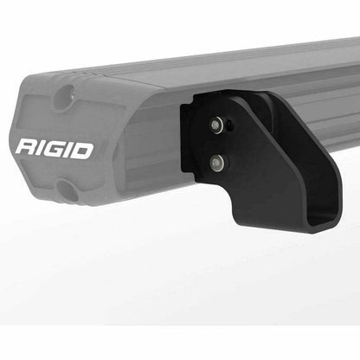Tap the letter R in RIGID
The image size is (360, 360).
click(x=25, y=148)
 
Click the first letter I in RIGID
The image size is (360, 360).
click(x=41, y=148)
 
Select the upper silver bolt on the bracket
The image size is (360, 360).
click(x=215, y=126)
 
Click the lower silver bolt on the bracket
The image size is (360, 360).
click(x=215, y=161)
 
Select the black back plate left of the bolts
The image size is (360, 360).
click(x=190, y=156)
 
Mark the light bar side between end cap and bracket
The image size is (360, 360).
click(x=156, y=147)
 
